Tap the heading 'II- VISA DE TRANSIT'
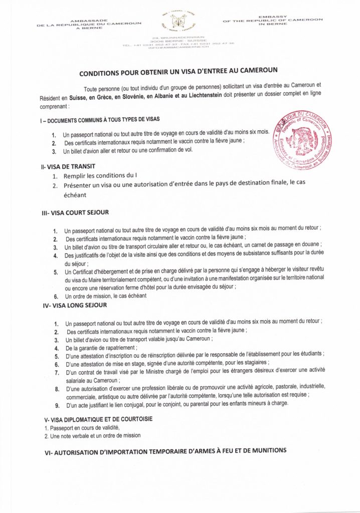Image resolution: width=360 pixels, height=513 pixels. pos(69,166)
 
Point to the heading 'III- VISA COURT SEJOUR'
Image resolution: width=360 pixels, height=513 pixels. pos(75,213)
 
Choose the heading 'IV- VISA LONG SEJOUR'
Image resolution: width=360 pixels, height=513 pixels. pos(74,305)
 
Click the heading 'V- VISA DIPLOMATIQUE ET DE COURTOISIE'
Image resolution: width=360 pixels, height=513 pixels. pos(99,419)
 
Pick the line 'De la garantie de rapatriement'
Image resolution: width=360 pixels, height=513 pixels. pos(101,347)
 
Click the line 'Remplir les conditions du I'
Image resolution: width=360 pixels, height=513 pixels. pos(100,176)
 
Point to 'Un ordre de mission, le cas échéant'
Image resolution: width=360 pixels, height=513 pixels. pos(105,296)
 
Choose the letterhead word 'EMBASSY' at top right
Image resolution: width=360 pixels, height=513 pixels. pos(273,17)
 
